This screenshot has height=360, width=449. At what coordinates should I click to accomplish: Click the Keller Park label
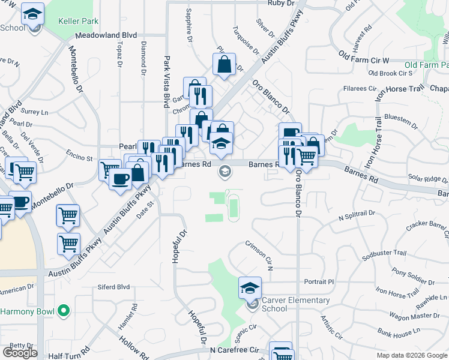point(78,21)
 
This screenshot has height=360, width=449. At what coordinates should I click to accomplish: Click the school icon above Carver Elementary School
point(250,288)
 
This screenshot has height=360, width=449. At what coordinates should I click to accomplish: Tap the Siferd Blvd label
point(114,287)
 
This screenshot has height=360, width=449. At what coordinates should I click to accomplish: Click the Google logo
point(20,353)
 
